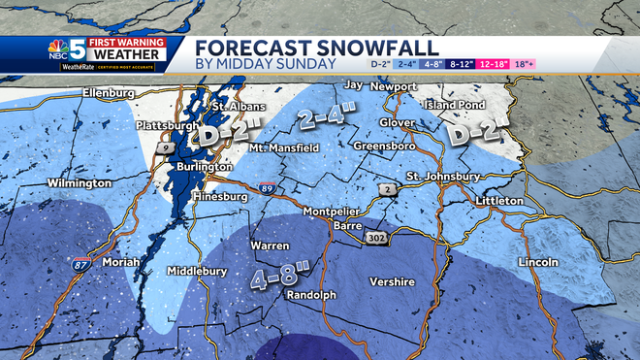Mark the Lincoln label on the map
[x=539, y=262]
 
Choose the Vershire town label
[x=392, y=281]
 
